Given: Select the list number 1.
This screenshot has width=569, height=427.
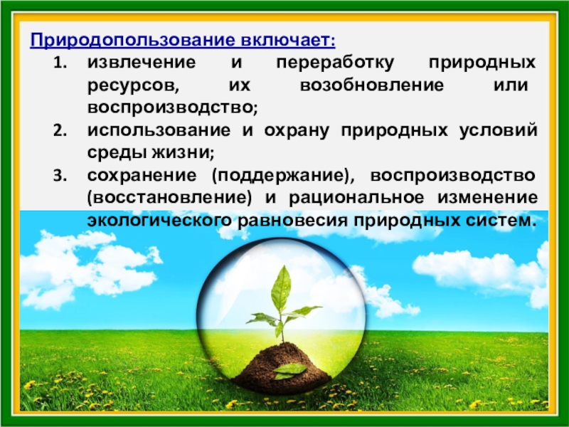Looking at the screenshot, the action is point(60,63).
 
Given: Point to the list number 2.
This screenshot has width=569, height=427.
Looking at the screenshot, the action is point(60,131).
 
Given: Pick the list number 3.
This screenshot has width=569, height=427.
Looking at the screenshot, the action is point(60,176).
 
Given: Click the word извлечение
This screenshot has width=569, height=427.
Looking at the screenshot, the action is point(142,63).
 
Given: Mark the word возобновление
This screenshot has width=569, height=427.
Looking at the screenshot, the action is point(372,85).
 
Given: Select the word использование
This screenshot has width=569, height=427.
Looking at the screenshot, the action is point(159,130).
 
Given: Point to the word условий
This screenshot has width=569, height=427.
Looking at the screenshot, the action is point(499,130).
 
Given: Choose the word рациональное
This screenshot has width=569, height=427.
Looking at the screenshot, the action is point(356,199).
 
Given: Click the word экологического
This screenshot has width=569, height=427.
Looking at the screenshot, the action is point(159,221).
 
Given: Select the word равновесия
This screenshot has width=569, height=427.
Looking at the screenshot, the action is point(292,221).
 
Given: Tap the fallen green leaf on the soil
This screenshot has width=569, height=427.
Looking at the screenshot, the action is point(290,370).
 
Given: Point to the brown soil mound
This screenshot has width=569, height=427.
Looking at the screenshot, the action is point(281,369).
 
